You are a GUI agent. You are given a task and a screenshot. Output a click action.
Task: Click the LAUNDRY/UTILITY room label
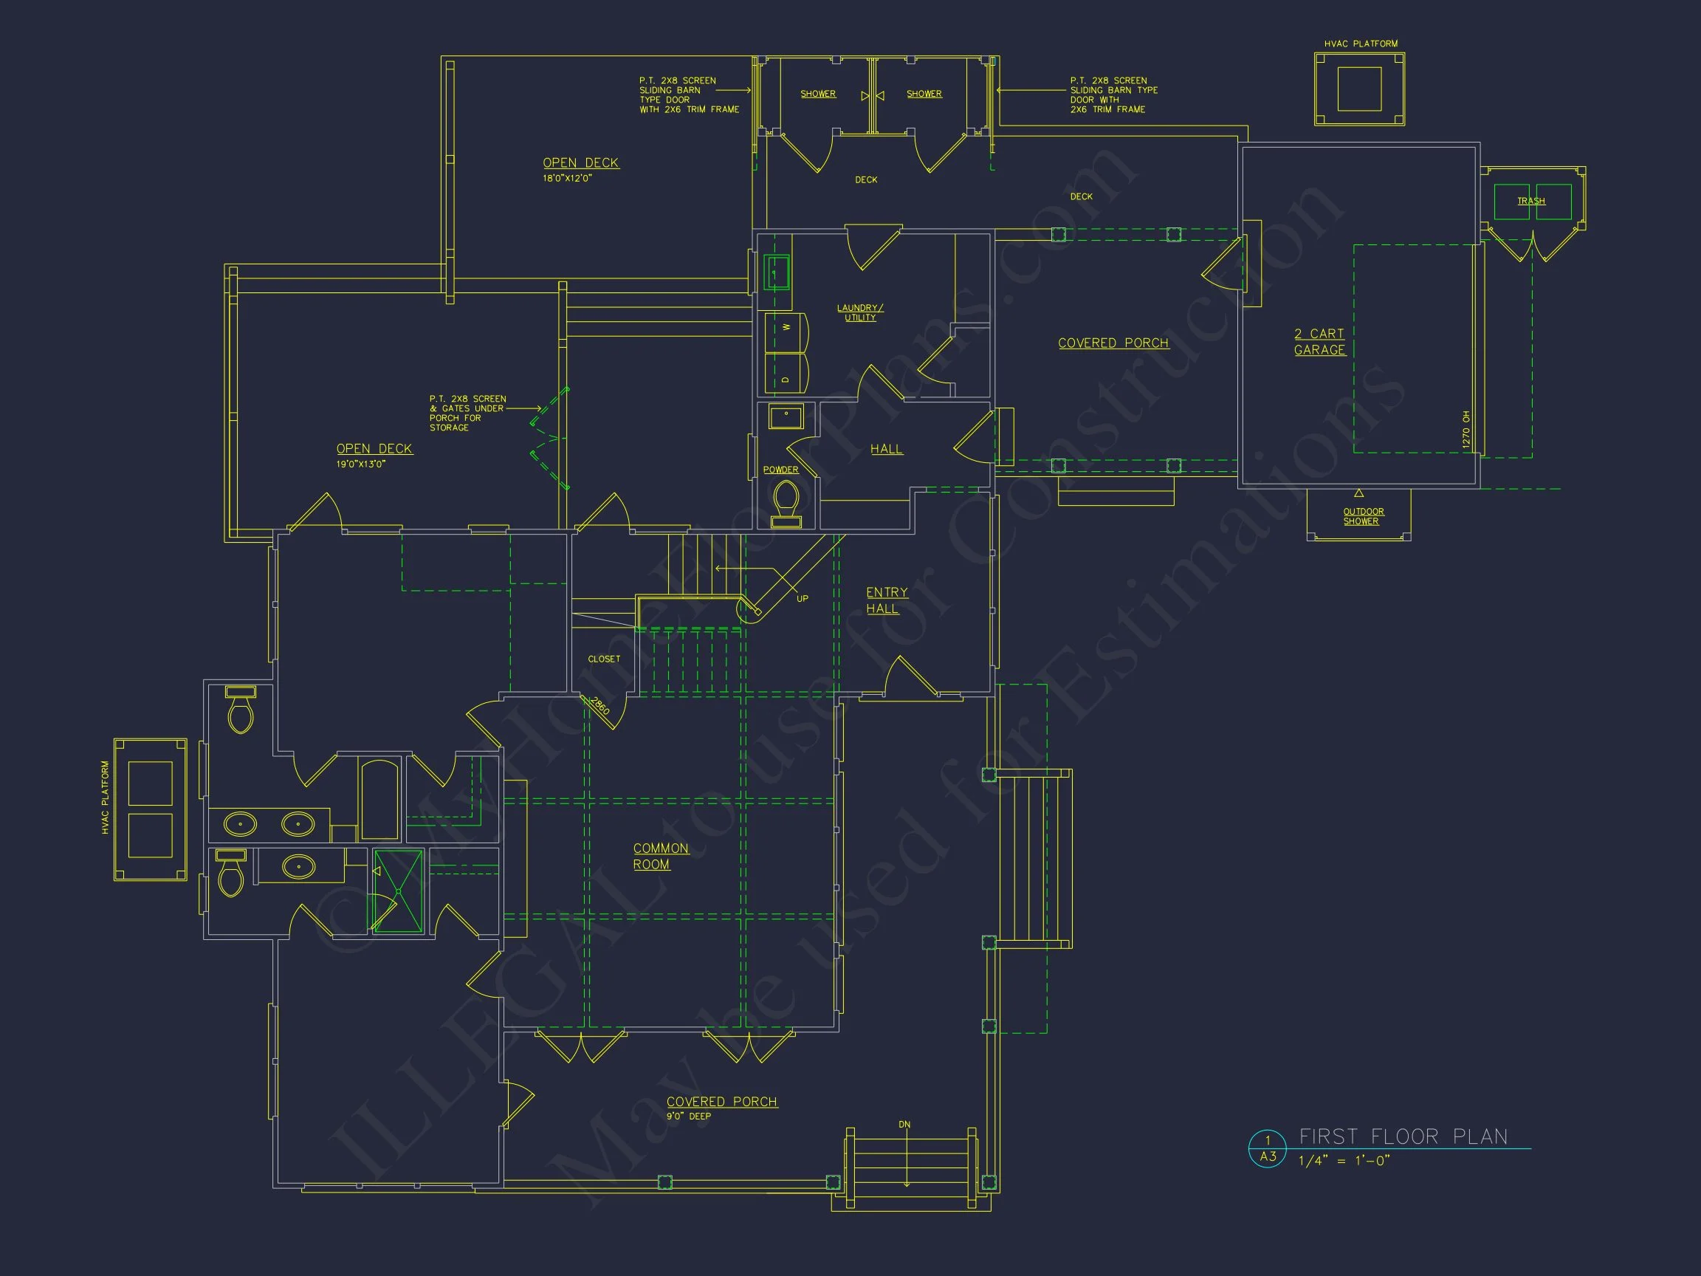[x=859, y=312]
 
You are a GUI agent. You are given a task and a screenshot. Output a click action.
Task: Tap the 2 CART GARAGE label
[x=1319, y=341]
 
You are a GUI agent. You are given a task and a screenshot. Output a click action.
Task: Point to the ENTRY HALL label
[x=886, y=600]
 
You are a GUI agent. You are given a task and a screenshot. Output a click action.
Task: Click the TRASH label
[x=1530, y=201]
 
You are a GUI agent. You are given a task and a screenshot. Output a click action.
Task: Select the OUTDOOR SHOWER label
[x=1363, y=516]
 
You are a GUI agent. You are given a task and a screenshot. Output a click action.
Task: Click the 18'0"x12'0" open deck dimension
[x=567, y=179]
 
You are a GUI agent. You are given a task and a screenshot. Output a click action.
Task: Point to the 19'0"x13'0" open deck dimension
[x=361, y=464]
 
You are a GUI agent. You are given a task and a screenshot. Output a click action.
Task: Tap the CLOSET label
[x=604, y=659]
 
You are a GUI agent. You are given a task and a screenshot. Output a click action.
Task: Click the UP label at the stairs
[x=802, y=598]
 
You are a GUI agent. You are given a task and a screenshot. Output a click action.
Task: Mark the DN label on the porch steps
[x=904, y=1125]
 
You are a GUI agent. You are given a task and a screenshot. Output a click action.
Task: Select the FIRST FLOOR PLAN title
[x=1403, y=1136]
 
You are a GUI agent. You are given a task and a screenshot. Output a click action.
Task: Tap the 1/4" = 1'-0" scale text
[x=1344, y=1161]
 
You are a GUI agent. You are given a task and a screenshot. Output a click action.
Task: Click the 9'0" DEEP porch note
[x=688, y=1116]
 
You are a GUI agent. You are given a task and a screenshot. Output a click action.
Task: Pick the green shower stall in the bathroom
[x=398, y=891]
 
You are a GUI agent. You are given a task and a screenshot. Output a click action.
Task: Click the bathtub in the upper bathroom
[x=379, y=800]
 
